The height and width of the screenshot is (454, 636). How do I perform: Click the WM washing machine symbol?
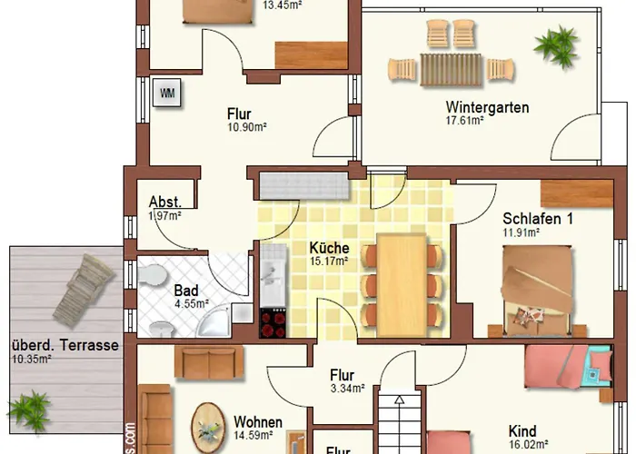[x=167, y=93]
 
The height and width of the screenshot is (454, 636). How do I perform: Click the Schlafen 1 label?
[x=538, y=219]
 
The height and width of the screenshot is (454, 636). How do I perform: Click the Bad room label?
[x=186, y=291]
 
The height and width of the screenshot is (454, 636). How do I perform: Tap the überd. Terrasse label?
[x=66, y=346]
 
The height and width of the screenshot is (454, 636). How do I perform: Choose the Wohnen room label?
[x=258, y=422]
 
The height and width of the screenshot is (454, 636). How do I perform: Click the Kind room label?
[x=522, y=431]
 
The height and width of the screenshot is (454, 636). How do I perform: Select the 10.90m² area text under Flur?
[x=246, y=128]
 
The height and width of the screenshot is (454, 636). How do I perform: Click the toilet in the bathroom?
[x=154, y=275]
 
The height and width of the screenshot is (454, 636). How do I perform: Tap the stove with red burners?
[x=273, y=322]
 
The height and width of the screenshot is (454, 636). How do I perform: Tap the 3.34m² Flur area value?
[x=346, y=389]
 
